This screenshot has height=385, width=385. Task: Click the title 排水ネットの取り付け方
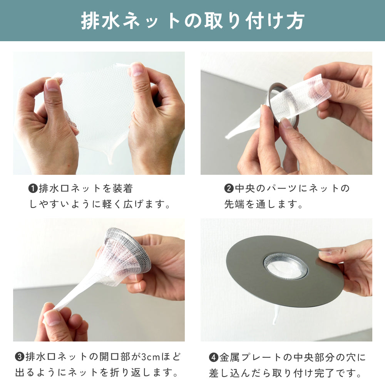click(x=192, y=21)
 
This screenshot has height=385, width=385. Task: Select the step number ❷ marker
click(x=229, y=189)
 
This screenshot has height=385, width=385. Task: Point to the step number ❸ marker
click(x=20, y=357)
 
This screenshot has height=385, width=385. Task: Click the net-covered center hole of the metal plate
click(x=285, y=266)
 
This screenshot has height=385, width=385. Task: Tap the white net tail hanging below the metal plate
click(x=276, y=317)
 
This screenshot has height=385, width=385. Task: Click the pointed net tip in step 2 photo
click(x=229, y=135)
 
